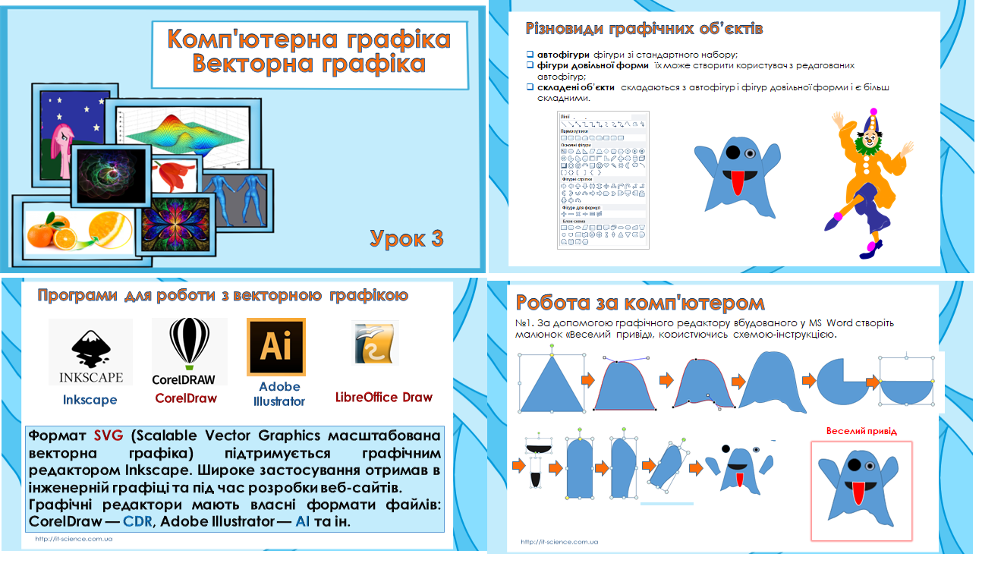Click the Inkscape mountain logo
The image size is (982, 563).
click(90, 351)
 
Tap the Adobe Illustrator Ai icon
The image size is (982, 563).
click(275, 347)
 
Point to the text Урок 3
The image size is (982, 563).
click(406, 238)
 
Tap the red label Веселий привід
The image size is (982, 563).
click(861, 431)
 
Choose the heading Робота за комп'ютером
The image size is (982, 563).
click(640, 304)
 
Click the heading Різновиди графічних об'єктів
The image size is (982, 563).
click(644, 29)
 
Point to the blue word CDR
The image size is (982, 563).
click(137, 522)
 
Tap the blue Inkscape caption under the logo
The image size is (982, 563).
click(90, 400)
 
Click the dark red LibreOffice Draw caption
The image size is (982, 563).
click(384, 397)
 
